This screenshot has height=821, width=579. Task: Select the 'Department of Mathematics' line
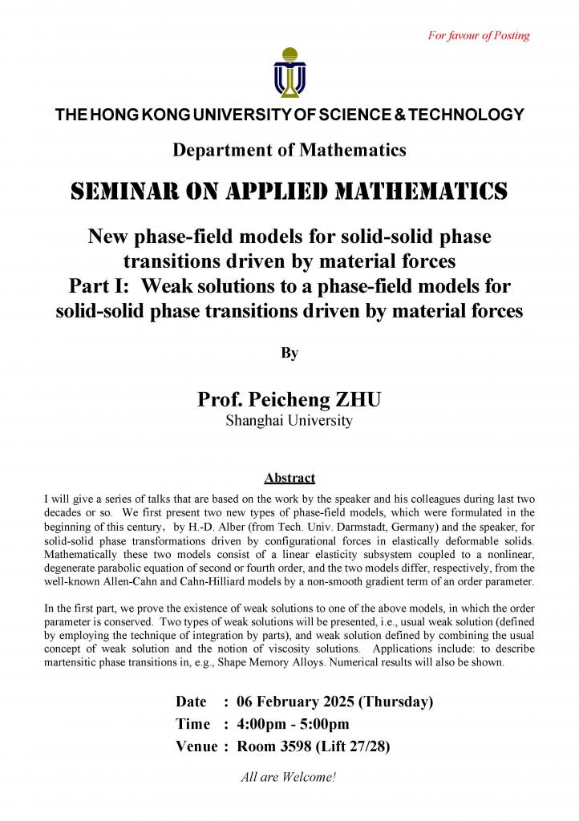coord(289,149)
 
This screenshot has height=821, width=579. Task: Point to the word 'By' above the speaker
coord(289,353)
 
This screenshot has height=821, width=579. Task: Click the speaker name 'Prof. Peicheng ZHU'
coord(289,400)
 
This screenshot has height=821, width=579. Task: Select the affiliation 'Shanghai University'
coord(289,421)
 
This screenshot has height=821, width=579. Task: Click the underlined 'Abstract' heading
coord(289,478)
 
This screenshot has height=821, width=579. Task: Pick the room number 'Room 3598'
coord(275,746)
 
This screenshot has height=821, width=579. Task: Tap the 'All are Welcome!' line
coord(289,776)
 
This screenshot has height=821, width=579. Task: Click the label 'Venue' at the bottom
coord(196,746)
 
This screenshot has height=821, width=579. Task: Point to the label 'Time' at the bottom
coord(192,724)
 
